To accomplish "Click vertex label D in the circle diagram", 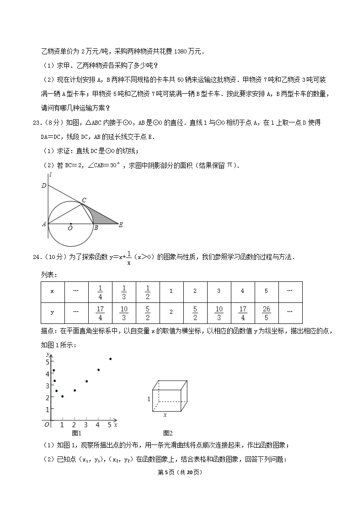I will pyautogui.click(x=44, y=185).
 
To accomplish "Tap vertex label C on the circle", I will pyautogui.click(x=84, y=200).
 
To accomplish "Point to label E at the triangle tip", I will pyautogui.click(x=121, y=224).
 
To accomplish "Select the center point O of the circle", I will pyautogui.click(x=70, y=224).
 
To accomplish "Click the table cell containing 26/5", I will pyautogui.click(x=267, y=312).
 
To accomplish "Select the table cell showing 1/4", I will pyautogui.click(x=100, y=292).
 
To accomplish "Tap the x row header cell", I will pyautogui.click(x=52, y=291).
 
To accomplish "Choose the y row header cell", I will pyautogui.click(x=52, y=312).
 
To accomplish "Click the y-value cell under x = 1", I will pyautogui.click(x=171, y=312).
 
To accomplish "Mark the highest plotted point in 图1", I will pyautogui.click(x=110, y=359).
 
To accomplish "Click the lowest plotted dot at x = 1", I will pyautogui.click(x=62, y=397).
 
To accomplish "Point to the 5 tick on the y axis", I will pyautogui.click(x=47, y=361).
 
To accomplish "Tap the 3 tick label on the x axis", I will pyautogui.click(x=86, y=425).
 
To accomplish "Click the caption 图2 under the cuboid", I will pyautogui.click(x=168, y=433).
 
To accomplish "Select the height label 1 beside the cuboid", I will pyautogui.click(x=149, y=399).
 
